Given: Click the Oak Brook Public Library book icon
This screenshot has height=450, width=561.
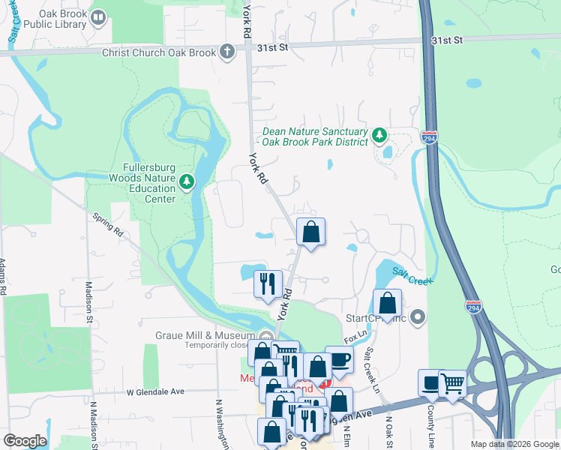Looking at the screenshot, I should pyautogui.click(x=97, y=16).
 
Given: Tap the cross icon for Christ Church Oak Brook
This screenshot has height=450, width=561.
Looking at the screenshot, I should pyautogui.click(x=228, y=52).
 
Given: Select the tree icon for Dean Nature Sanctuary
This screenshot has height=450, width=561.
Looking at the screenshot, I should pyautogui.click(x=380, y=135).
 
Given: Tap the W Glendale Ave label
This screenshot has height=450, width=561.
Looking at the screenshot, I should pyautogui.click(x=155, y=392).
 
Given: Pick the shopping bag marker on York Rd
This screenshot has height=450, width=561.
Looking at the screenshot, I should pyautogui.click(x=310, y=232).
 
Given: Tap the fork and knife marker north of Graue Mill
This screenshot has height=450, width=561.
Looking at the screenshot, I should pyautogui.click(x=268, y=284).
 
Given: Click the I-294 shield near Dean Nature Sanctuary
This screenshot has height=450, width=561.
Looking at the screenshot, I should pyautogui.click(x=429, y=139).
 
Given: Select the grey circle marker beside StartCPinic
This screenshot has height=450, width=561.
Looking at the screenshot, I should pyautogui.click(x=418, y=318).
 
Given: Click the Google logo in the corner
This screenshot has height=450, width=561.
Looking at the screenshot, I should pyautogui.click(x=24, y=441).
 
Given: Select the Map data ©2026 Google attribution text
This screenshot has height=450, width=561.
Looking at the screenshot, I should pyautogui.click(x=514, y=444).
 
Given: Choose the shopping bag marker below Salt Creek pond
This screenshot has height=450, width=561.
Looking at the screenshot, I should pyautogui.click(x=387, y=304).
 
